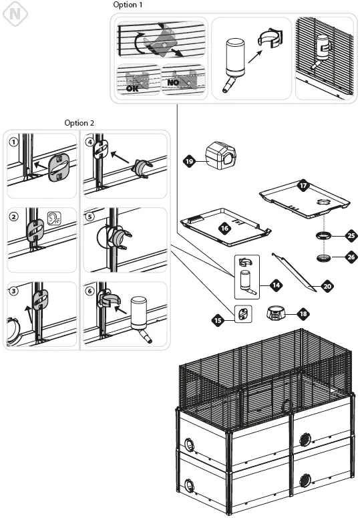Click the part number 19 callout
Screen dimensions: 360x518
pyautogui.click(x=189, y=161)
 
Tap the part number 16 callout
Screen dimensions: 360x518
pyautogui.click(x=224, y=228)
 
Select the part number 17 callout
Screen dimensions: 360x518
pyautogui.click(x=303, y=186)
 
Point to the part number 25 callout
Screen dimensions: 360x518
pyautogui.click(x=351, y=236)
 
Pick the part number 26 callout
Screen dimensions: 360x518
pyautogui.click(x=351, y=257)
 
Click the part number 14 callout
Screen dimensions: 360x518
pyautogui.click(x=277, y=285)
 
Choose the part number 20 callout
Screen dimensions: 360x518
pyautogui.click(x=327, y=286)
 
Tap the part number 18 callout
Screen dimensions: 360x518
pyautogui.click(x=303, y=313)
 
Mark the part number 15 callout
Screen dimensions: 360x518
pyautogui.click(x=218, y=320)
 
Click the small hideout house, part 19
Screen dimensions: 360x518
pyautogui.click(x=221, y=155)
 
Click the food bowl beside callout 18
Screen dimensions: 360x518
pyautogui.click(x=277, y=313)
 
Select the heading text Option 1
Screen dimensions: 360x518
pyautogui.click(x=128, y=5)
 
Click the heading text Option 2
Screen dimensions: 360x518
pyautogui.click(x=79, y=123)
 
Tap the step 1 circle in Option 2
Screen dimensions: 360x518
pyautogui.click(x=13, y=142)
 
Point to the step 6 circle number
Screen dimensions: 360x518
pyautogui.click(x=89, y=291)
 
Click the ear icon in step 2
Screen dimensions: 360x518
pyautogui.click(x=54, y=218)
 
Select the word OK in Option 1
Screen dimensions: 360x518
pyautogui.click(x=132, y=88)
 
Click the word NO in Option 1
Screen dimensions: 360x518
pyautogui.click(x=173, y=82)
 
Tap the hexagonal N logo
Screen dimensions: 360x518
pyautogui.click(x=15, y=13)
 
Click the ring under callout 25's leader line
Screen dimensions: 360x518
pyautogui.click(x=324, y=236)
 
